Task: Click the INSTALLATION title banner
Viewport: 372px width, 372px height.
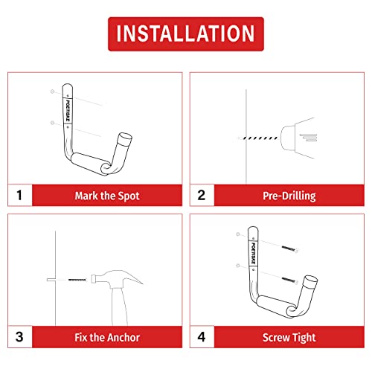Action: click(x=185, y=33)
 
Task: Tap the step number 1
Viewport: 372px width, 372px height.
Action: click(x=20, y=196)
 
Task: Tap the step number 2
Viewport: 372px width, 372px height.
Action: click(x=202, y=196)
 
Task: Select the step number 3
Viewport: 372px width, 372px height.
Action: click(x=20, y=337)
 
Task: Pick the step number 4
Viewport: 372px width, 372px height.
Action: click(x=202, y=337)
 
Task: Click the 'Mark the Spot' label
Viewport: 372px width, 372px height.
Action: click(x=107, y=196)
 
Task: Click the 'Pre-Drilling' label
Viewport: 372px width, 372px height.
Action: click(x=289, y=196)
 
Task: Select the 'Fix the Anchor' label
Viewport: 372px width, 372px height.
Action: click(x=107, y=337)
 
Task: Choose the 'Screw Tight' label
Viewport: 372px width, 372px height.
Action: click(x=289, y=337)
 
